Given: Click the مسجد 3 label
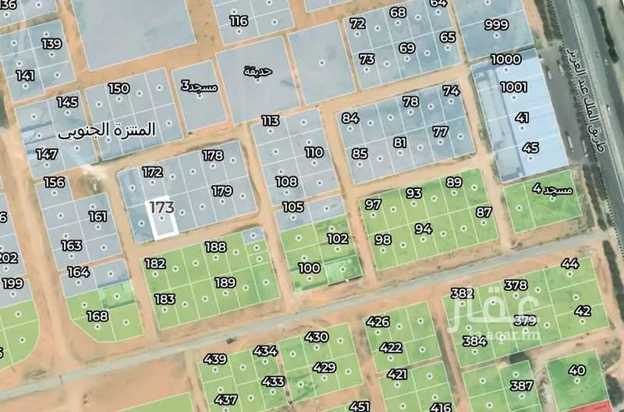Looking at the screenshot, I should tap(200, 85).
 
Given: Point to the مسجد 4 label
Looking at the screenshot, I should tap(552, 191).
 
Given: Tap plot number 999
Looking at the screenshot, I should tap(497, 25).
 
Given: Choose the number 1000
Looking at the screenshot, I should tap(506, 59).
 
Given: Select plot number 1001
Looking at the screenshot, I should tap(513, 87).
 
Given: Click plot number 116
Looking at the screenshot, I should tap(239, 21).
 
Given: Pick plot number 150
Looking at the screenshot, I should tap(119, 88).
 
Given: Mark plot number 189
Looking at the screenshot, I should tap(225, 283).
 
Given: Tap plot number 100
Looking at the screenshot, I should tap(309, 268).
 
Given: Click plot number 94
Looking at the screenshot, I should tap(423, 229).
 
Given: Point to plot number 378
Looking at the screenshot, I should tap(516, 286).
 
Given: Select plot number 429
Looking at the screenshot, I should tap(324, 367).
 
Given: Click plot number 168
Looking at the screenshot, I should tap(97, 315).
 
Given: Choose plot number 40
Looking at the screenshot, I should tap(577, 370).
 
